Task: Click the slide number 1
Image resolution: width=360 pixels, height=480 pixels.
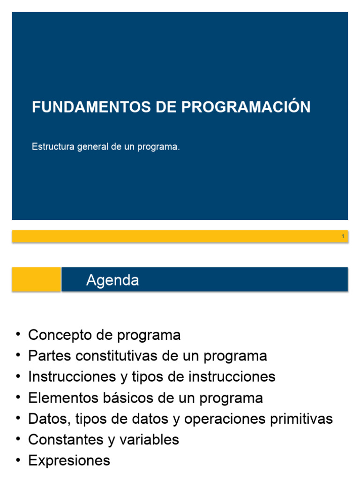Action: point(343,236)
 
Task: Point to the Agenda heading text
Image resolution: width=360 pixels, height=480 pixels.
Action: point(112,280)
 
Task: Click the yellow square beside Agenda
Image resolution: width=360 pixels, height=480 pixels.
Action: point(37,279)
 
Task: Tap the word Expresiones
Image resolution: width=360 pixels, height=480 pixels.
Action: point(69,461)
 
